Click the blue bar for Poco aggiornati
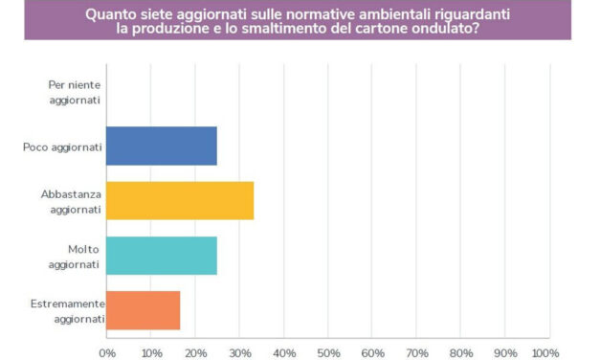162,146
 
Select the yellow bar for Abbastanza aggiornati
180,200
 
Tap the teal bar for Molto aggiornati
162,256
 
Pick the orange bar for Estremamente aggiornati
144,310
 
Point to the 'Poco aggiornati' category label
61,146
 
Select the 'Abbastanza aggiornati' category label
70,201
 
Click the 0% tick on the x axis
107,351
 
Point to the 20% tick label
195,351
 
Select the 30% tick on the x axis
239,351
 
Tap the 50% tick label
328,351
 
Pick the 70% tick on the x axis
416,351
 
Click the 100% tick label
546,351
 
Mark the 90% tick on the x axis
504,351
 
